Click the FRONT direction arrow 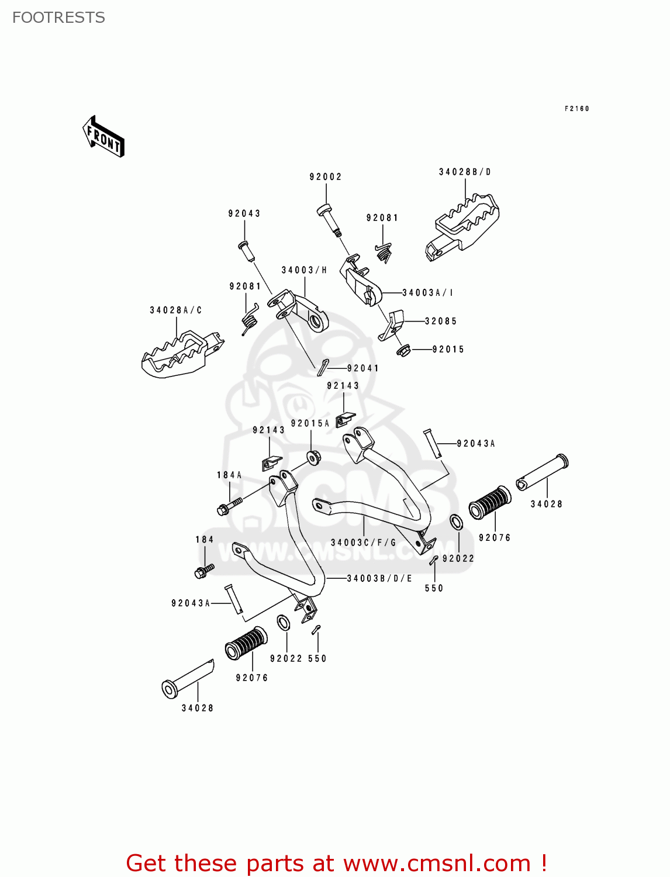click(103, 137)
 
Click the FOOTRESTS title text click(58, 18)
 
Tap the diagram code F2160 click(576, 109)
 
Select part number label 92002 click(326, 177)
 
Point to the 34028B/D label click(465, 172)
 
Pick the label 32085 click(441, 321)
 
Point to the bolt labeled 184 click(204, 571)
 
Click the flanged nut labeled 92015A click(313, 457)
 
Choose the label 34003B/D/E click(379, 578)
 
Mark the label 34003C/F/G click(363, 543)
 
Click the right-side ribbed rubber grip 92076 click(490, 502)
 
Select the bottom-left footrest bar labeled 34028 click(187, 679)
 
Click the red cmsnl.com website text click(336, 863)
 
